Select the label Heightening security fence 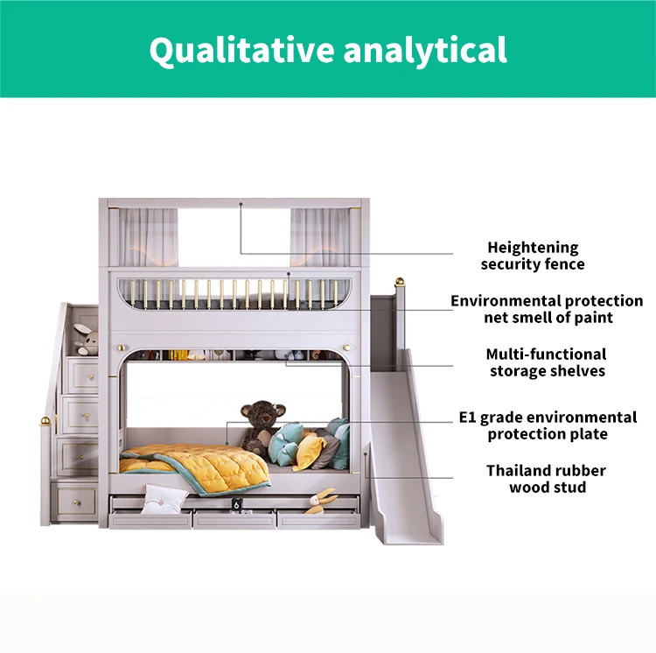point(533,256)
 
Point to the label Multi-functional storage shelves point(546,362)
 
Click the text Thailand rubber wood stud point(547,479)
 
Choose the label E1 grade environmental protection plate point(548,425)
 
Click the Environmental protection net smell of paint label point(547,309)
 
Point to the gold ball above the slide point(401,283)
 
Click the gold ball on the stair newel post point(45,423)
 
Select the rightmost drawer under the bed point(318,518)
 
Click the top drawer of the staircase point(86,374)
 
